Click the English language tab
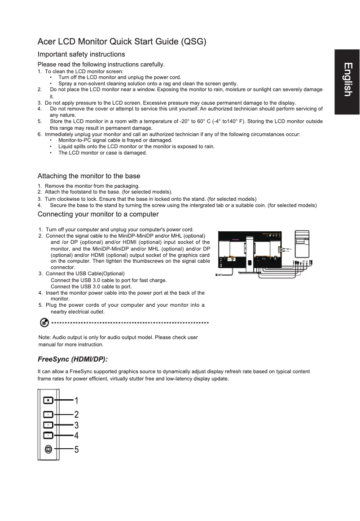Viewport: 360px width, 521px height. [x=347, y=79]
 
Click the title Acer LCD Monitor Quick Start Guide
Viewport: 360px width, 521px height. [x=122, y=42]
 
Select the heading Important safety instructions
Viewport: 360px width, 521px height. [x=81, y=54]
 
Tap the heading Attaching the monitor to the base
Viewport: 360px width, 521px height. [x=89, y=176]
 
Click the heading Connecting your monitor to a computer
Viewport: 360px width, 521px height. [x=98, y=214]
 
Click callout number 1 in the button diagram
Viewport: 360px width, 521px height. [x=76, y=400]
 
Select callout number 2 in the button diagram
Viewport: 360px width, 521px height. [x=76, y=414]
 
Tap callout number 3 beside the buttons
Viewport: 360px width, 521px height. [x=76, y=425]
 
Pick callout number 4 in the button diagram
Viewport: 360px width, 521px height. [x=76, y=435]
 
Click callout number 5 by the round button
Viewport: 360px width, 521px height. [x=76, y=449]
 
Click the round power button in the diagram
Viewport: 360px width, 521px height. [x=48, y=449]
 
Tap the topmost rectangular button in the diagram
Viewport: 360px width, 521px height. [x=48, y=400]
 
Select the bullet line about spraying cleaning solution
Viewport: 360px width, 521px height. [x=148, y=84]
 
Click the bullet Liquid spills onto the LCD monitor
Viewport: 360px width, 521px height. [x=136, y=146]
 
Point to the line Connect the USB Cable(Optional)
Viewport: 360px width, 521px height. [x=85, y=274]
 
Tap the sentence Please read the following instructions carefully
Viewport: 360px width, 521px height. [x=101, y=64]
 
